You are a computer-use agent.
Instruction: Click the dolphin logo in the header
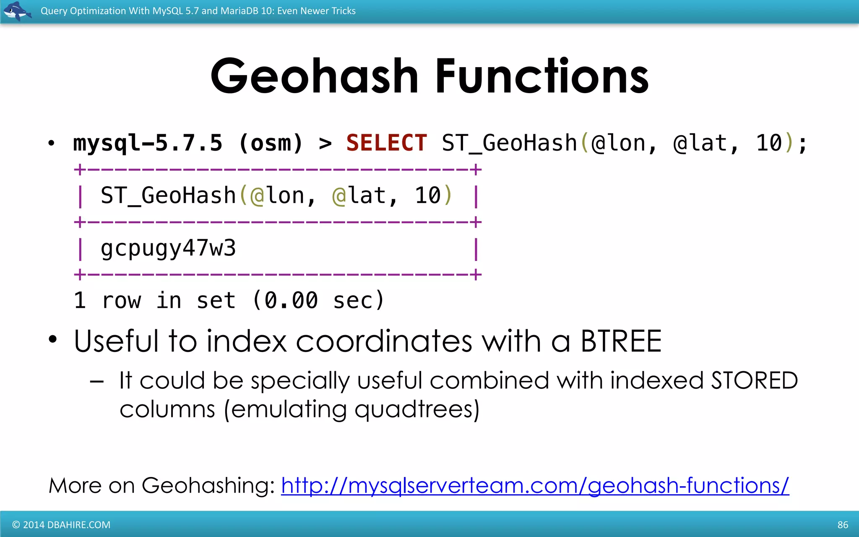(17, 10)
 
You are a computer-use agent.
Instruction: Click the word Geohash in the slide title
(315, 76)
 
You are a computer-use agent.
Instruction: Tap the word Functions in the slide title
(542, 76)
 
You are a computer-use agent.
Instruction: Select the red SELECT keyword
(386, 143)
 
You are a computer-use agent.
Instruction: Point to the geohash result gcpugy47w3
(168, 248)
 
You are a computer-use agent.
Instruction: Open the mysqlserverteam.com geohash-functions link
(535, 485)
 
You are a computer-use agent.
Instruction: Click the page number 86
(843, 525)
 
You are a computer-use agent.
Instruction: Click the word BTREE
(621, 341)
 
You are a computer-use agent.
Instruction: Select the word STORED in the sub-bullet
(754, 381)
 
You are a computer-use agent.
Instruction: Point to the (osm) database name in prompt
(271, 143)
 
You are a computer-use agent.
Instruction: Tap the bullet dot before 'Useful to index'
(52, 339)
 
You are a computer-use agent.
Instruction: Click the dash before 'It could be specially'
(97, 382)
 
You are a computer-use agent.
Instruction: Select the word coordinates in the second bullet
(384, 341)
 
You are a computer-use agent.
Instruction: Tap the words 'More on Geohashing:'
(161, 485)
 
